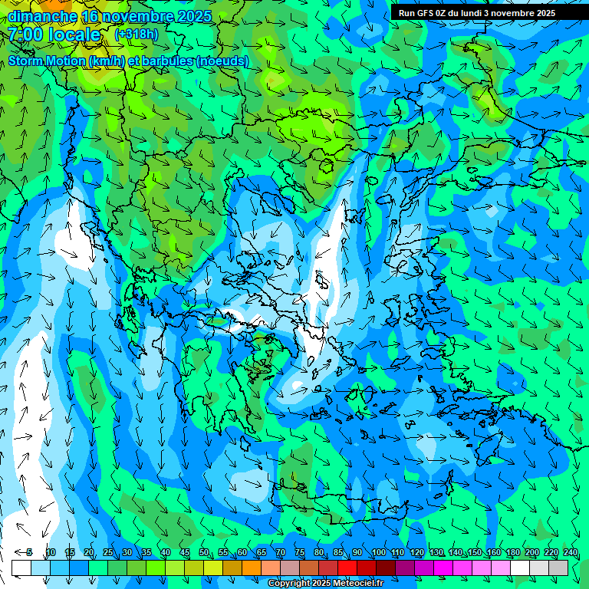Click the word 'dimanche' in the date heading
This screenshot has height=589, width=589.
pos(43,16)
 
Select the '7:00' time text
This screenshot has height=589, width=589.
pos(26,35)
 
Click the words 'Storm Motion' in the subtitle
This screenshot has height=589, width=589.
pos(48,61)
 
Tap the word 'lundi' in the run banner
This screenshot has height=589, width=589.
pos(469,13)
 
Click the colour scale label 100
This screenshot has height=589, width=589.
pos(378,553)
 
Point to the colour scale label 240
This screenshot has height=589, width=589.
pos(570,553)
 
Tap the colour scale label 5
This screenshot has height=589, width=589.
pos(29,553)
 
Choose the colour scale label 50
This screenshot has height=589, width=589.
pos(204,553)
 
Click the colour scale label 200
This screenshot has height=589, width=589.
pos(531,553)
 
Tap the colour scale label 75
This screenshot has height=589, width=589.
pos(300,553)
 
